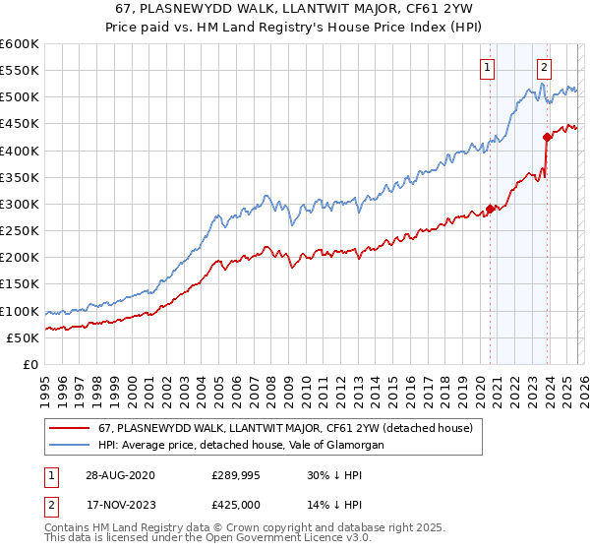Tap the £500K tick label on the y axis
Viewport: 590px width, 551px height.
click(19, 97)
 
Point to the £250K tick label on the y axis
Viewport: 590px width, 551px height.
click(19, 231)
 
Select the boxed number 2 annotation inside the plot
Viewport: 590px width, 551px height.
click(544, 67)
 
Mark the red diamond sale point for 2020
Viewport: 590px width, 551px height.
click(490, 210)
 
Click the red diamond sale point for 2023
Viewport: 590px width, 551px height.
click(547, 138)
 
